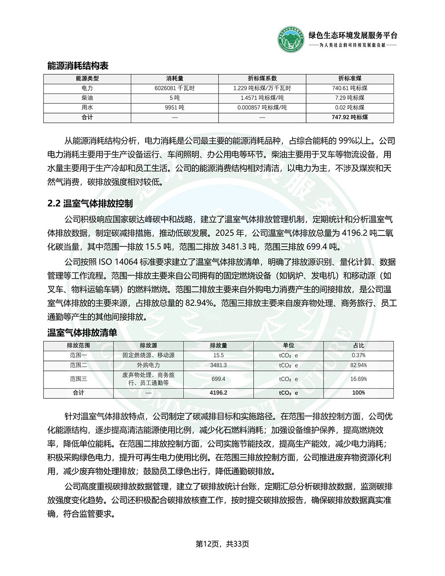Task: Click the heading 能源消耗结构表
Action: tap(78, 66)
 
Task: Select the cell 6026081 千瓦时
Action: tap(174, 88)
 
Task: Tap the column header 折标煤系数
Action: tap(262, 78)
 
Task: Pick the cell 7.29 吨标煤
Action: tap(349, 98)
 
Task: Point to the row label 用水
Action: tap(87, 108)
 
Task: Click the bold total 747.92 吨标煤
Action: tap(349, 118)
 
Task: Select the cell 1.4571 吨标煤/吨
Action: tap(262, 98)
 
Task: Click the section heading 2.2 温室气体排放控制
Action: tap(90, 204)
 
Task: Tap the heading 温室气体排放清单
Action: tap(82, 333)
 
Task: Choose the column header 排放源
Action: tap(148, 345)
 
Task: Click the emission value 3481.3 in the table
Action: tap(218, 365)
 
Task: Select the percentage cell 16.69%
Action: tap(358, 379)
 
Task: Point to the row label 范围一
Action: tap(78, 355)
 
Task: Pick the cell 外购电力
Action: tap(148, 365)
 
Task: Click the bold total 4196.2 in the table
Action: tap(218, 393)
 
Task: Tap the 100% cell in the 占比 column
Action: tap(358, 393)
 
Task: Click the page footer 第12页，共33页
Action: tap(222, 544)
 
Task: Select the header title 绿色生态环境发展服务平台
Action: tap(352, 36)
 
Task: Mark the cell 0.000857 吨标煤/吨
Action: tap(262, 108)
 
